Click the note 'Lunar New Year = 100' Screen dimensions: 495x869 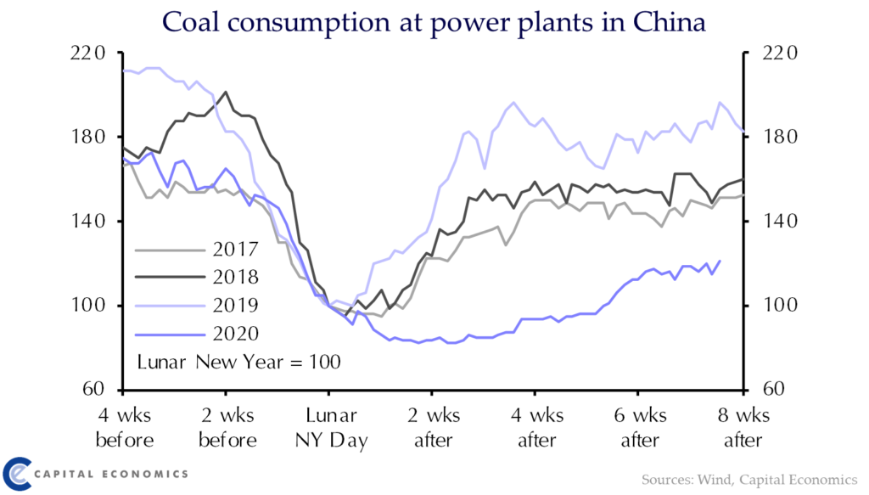238,362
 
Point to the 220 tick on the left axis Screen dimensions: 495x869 86,54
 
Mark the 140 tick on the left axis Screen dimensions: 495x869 86,222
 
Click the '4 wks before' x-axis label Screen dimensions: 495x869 124,429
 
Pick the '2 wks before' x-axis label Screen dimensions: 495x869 226,429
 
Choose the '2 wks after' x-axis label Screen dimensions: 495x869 433,429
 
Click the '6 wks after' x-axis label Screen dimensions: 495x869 639,429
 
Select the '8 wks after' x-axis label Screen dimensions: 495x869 741,429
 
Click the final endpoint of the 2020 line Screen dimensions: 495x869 720,261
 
